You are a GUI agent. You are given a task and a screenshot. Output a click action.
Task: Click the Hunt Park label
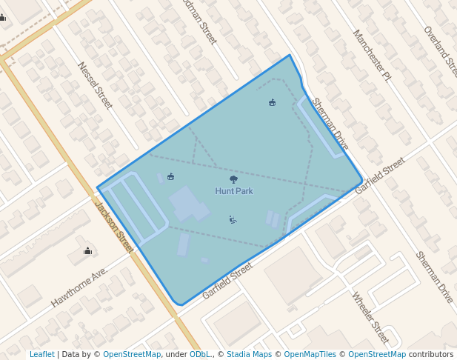[x=234, y=191]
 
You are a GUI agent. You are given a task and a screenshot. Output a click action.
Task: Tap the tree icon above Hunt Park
[x=234, y=179]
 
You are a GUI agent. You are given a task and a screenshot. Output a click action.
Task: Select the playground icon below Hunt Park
[x=233, y=219]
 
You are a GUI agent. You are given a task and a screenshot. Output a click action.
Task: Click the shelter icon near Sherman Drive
[x=273, y=102]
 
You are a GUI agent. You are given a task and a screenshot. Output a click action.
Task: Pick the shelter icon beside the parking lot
[x=171, y=176]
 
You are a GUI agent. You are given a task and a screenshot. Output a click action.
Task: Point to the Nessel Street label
[x=95, y=85]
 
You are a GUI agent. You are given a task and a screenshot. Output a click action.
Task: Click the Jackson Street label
[x=114, y=225]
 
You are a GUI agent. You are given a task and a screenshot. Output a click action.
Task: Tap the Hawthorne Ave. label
[x=80, y=287]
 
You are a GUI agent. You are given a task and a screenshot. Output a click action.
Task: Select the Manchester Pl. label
[x=371, y=54]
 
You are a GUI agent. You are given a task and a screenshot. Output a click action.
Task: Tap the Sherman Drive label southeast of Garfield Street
[x=434, y=276]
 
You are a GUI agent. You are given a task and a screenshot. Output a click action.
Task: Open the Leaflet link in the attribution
[x=41, y=354]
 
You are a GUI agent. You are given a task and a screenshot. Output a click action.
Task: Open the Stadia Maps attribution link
[x=249, y=354]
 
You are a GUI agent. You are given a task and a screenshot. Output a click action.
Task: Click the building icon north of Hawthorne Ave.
[x=88, y=250]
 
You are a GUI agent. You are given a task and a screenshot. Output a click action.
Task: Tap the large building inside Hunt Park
[x=186, y=204]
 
